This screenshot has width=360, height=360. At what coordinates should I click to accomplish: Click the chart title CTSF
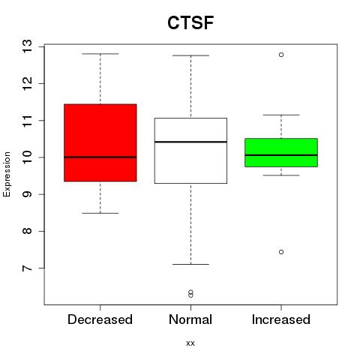[190, 22]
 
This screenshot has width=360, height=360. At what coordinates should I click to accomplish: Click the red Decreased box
[100, 142]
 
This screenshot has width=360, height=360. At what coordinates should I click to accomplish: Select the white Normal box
[190, 151]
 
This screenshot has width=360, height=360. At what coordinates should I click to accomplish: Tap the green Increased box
[281, 152]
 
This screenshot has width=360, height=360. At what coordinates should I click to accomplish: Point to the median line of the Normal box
[190, 142]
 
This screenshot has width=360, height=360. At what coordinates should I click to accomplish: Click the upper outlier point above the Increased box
[281, 55]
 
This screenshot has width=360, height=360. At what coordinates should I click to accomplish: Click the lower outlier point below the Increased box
[281, 252]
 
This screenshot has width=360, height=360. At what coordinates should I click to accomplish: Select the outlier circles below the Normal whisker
[190, 294]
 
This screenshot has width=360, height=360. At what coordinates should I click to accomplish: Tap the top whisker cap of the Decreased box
[100, 54]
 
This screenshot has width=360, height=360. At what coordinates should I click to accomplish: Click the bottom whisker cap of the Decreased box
[100, 213]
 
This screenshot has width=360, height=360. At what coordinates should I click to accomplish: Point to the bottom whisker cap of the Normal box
[190, 264]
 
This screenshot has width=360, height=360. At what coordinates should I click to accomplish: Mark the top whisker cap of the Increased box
[281, 115]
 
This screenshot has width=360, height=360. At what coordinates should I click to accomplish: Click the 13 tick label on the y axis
[28, 46]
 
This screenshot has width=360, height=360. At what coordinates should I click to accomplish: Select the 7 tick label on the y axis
[28, 268]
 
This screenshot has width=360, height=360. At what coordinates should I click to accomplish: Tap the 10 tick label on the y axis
[28, 157]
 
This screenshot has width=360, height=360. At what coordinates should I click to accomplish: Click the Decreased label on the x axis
[100, 319]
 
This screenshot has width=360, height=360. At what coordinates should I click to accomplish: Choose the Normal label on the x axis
[190, 319]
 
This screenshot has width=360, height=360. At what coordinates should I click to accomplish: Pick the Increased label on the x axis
[281, 319]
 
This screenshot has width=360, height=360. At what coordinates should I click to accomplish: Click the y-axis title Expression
[7, 174]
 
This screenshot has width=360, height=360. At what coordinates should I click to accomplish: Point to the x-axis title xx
[190, 343]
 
